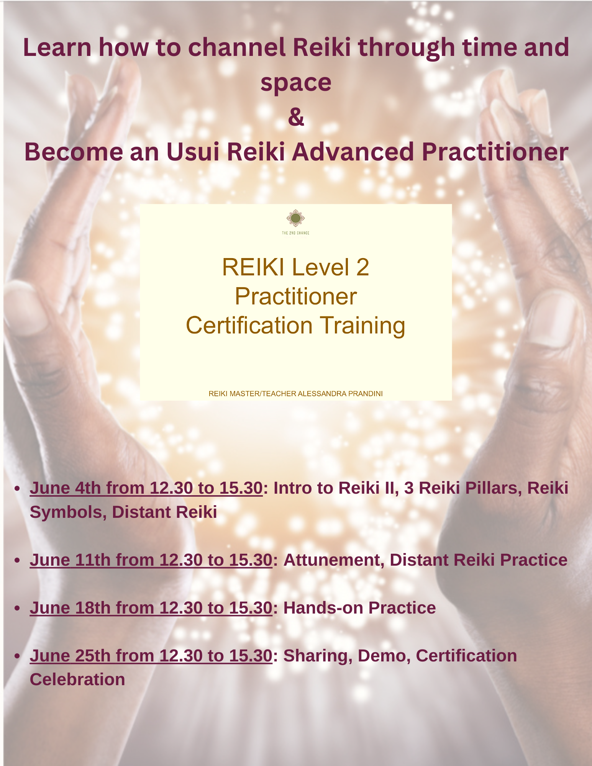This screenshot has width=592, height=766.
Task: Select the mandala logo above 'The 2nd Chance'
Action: click(295, 218)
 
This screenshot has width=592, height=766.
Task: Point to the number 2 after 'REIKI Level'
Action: click(362, 267)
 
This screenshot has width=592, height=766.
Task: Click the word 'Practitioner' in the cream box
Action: click(296, 297)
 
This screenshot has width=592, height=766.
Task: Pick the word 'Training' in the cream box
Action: click(362, 326)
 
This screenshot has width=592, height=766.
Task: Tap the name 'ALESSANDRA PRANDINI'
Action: click(340, 394)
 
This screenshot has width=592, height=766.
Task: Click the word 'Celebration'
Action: click(77, 680)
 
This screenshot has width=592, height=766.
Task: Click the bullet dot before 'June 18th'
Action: click(17, 608)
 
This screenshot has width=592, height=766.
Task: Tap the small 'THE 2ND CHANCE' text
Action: click(295, 233)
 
